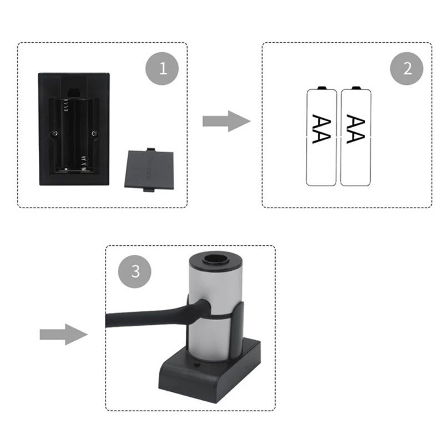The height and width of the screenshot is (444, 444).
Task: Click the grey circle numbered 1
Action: click(x=163, y=69)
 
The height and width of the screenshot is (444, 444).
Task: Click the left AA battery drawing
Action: click(x=322, y=136)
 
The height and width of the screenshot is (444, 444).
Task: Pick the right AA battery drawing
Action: click(x=356, y=136)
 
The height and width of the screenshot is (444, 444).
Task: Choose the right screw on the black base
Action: click(x=95, y=133)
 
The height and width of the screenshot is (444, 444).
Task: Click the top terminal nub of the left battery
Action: click(x=322, y=88)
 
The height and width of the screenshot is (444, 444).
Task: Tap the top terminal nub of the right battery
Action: click(x=356, y=88)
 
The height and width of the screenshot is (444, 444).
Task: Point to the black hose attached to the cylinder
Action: click(x=144, y=317)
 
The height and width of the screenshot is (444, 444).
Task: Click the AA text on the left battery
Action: click(x=321, y=129)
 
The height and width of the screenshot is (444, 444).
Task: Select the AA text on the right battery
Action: click(x=355, y=129)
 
